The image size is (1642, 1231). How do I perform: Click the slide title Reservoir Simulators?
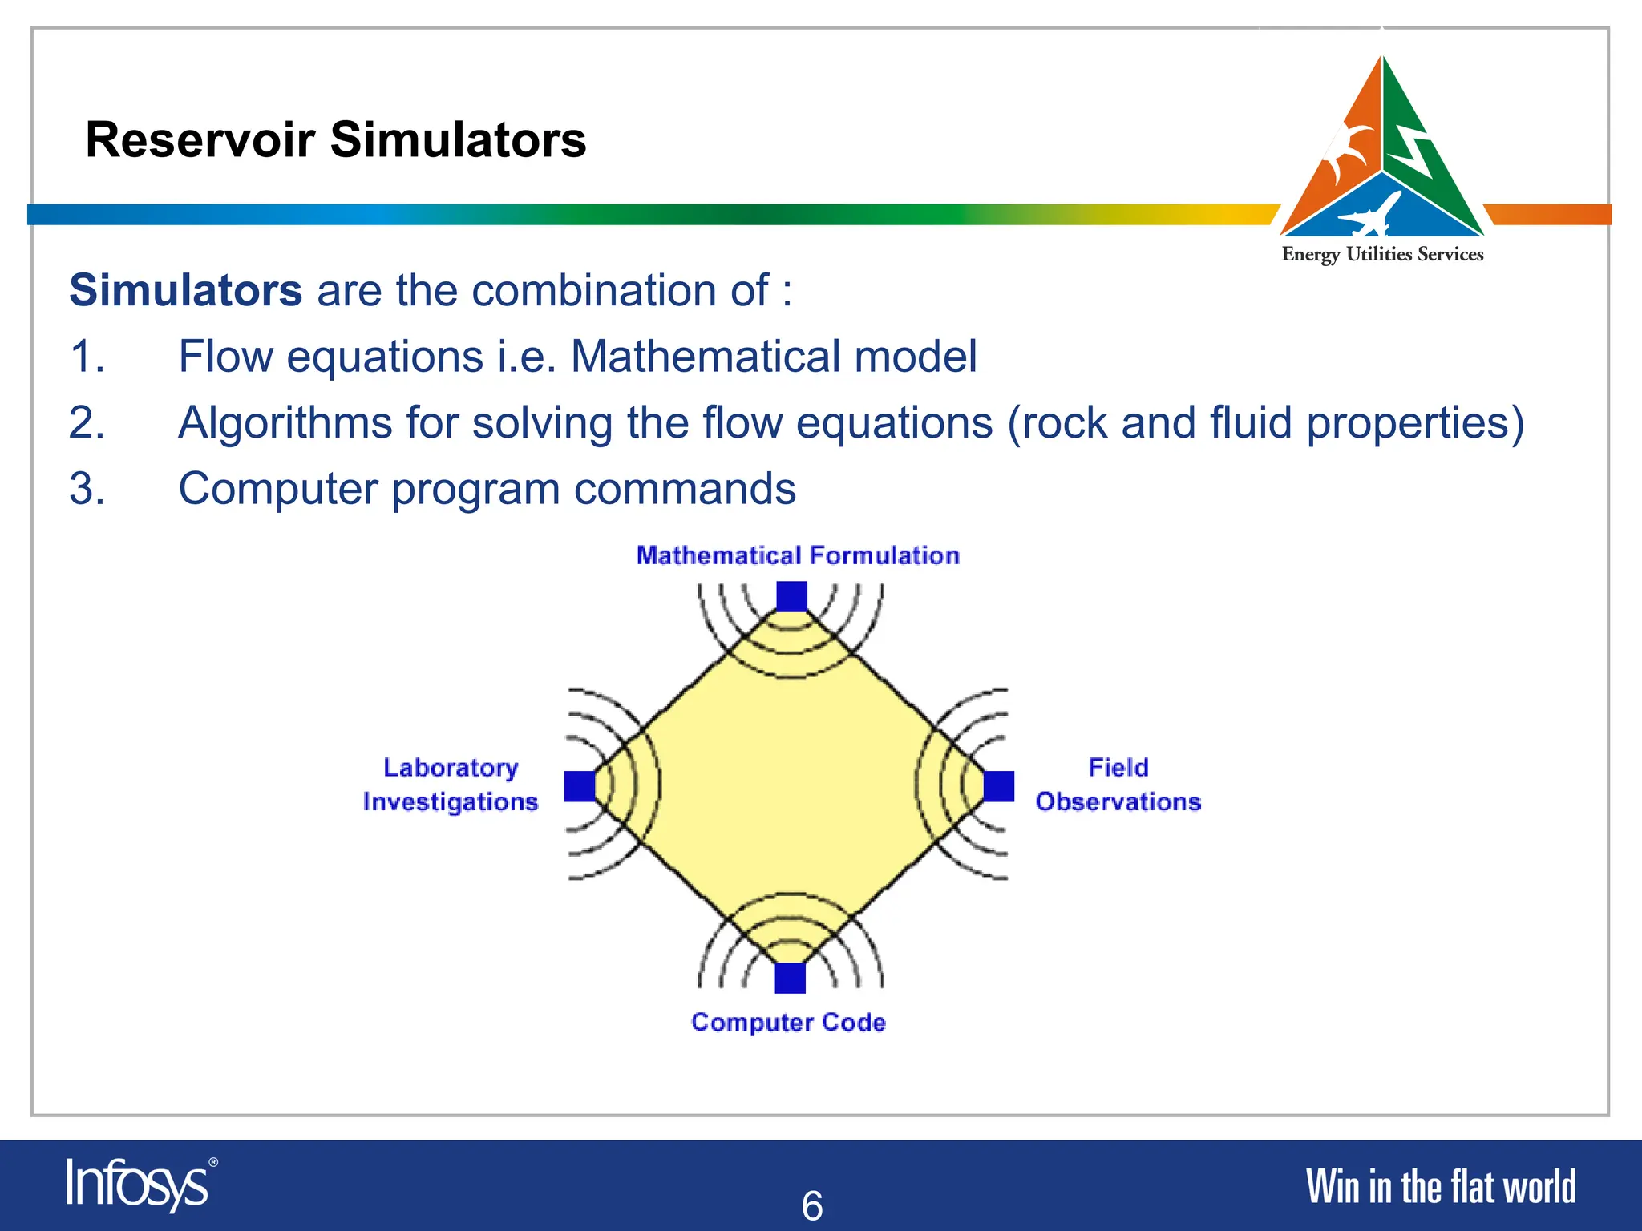[335, 139]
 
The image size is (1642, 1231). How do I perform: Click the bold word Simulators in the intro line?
[186, 290]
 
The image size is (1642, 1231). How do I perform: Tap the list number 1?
[87, 357]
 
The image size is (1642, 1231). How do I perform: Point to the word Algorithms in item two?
[285, 423]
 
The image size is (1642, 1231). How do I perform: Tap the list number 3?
[87, 489]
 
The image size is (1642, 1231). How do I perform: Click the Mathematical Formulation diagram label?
[798, 555]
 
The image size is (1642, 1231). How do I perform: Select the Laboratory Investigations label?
[450, 785]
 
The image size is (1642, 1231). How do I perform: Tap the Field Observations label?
[1118, 785]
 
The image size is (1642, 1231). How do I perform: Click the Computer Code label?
[788, 1023]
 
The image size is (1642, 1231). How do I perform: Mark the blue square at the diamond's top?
[791, 597]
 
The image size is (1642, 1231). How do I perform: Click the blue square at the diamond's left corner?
[580, 786]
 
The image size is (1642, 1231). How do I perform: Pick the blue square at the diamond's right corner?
[999, 786]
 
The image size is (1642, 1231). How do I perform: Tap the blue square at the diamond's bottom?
[791, 978]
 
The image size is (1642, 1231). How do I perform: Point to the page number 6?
[812, 1205]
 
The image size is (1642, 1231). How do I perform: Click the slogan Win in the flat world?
[1441, 1187]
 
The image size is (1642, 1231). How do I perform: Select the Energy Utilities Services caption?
[1382, 255]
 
